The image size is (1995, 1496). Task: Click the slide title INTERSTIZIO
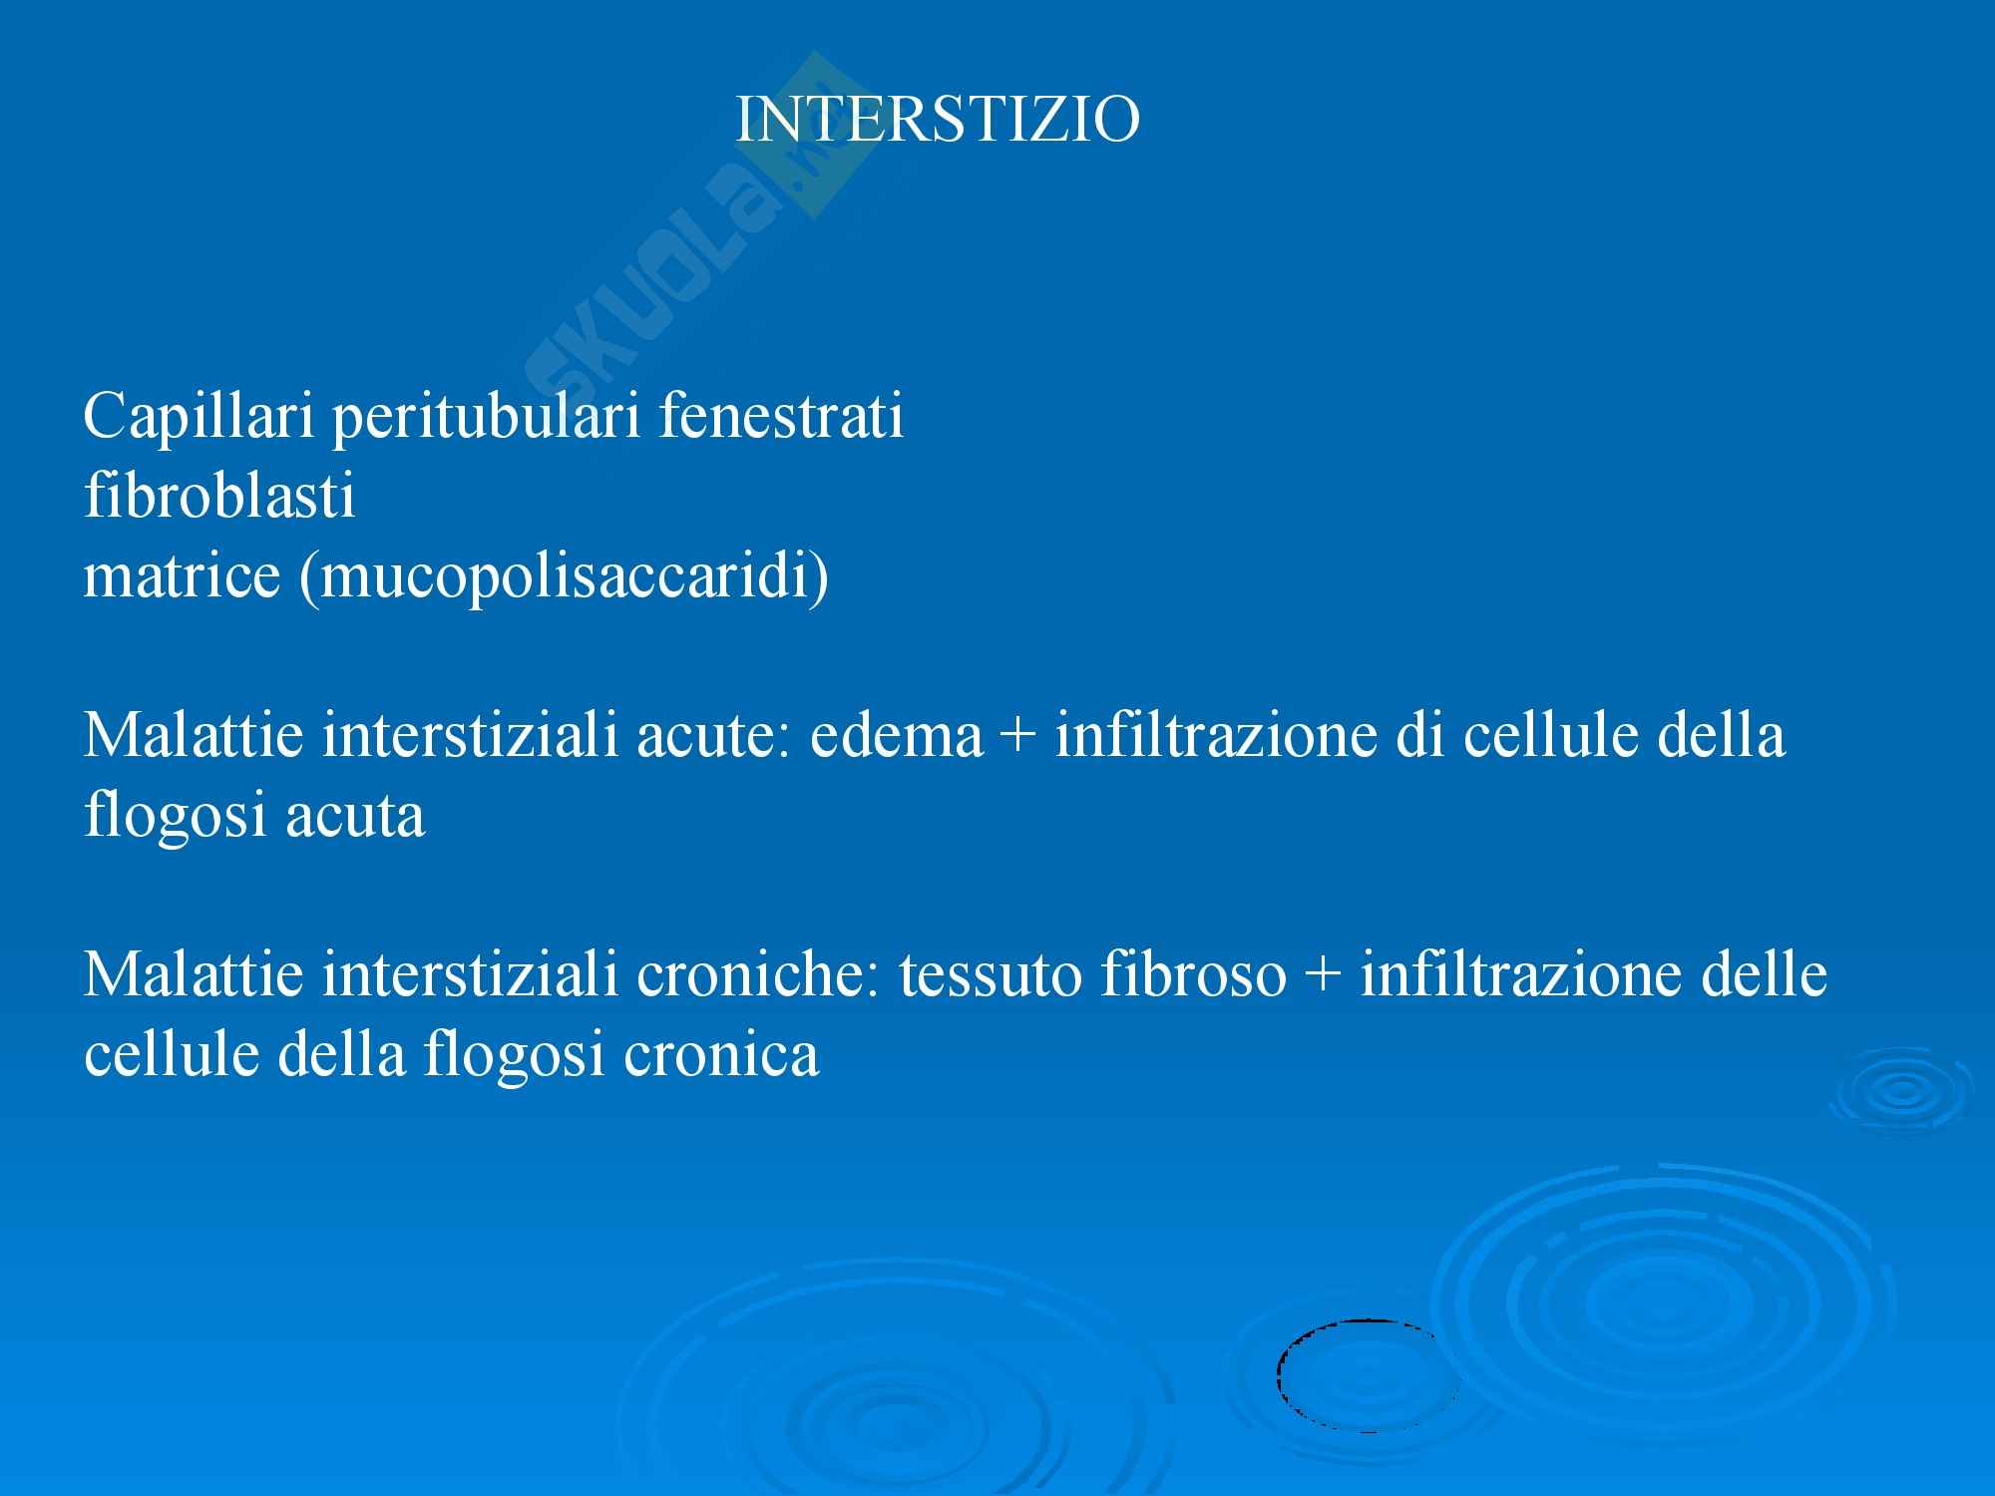[938, 120]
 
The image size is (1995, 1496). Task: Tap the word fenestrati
[781, 416]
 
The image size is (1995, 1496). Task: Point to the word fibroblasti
[219, 496]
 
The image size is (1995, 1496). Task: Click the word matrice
[182, 575]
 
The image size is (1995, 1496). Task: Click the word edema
[897, 735]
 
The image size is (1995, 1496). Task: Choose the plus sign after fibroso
[1325, 977]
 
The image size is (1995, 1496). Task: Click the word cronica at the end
[721, 1054]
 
